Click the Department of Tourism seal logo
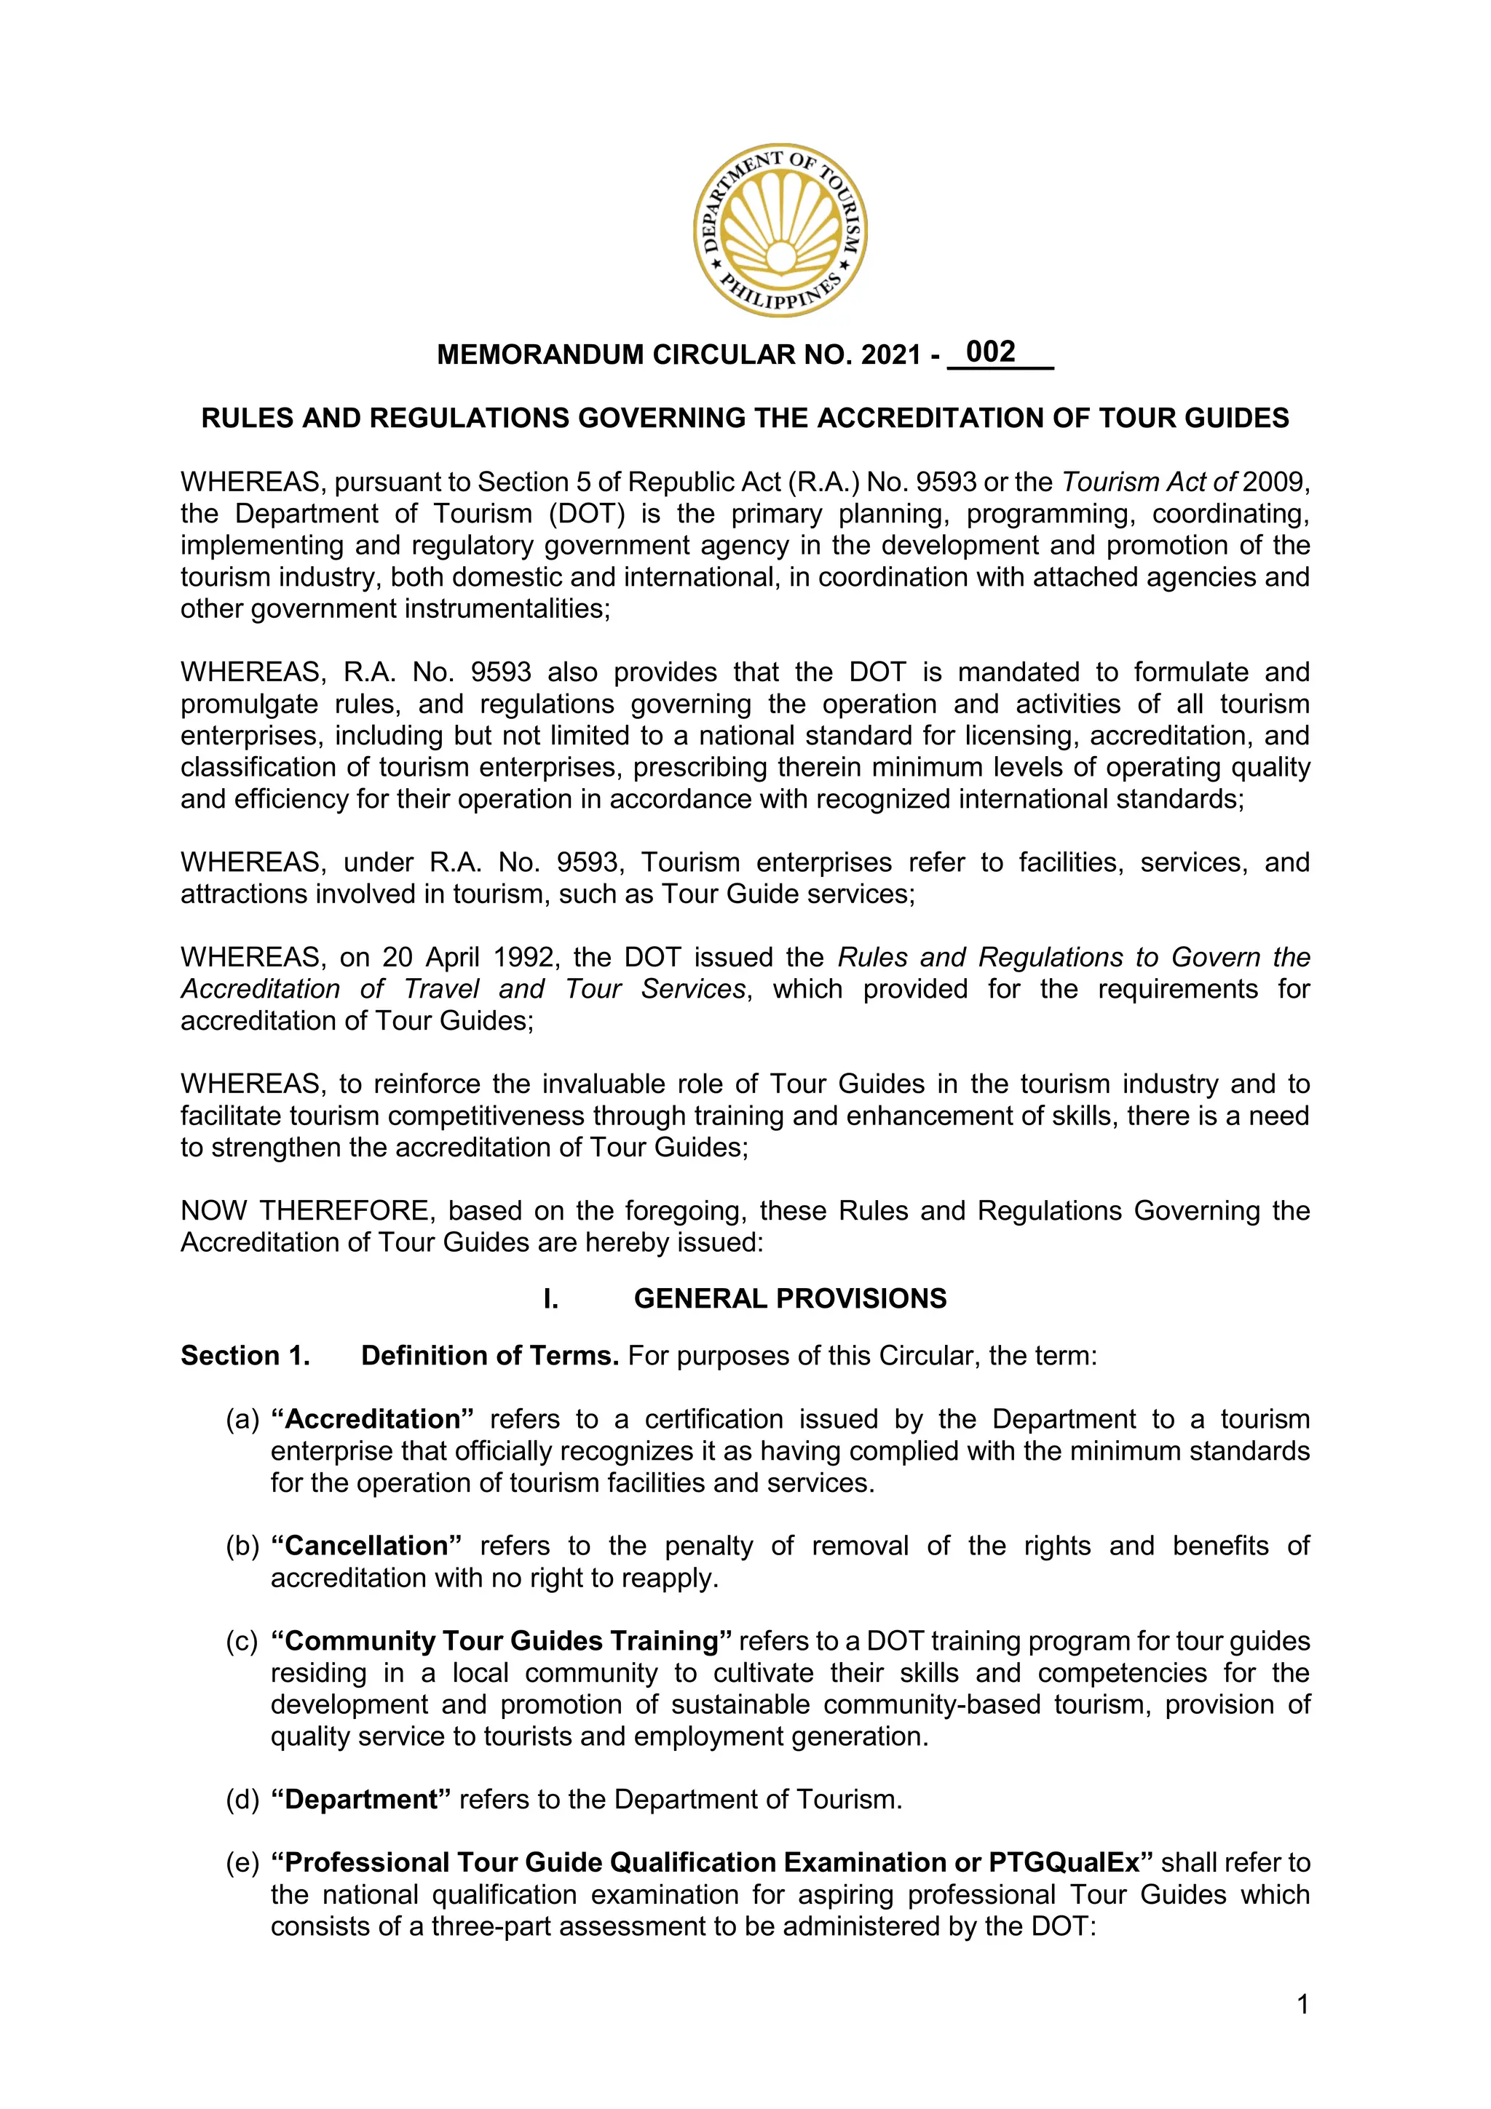coord(780,231)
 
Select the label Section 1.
coord(245,1356)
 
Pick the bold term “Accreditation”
coord(372,1419)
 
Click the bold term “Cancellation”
coord(365,1546)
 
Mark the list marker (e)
coord(242,1863)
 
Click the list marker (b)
coord(242,1546)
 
